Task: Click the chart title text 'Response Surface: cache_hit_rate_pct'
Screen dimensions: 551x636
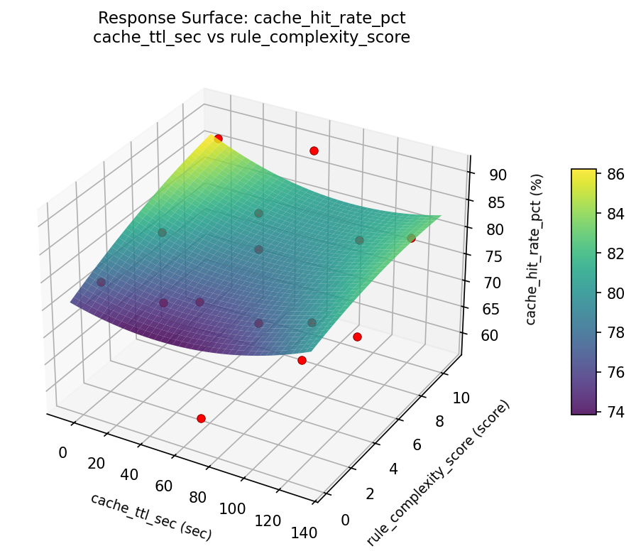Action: pos(252,18)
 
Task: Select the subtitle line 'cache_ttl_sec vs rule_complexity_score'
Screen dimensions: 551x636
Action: pos(252,38)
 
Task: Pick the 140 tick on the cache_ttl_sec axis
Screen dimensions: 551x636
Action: pos(303,532)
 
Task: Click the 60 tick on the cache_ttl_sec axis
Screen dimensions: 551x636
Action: pos(165,486)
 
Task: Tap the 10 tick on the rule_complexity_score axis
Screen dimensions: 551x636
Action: pos(461,398)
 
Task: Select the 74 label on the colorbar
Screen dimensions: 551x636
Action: pos(616,411)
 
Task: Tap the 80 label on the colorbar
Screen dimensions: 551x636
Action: pos(616,293)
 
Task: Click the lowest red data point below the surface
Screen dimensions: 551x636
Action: pos(201,419)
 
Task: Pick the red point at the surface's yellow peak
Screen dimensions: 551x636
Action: pos(218,138)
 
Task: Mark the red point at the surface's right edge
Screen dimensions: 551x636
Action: pos(411,239)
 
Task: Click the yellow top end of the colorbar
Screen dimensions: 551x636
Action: pos(583,173)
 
